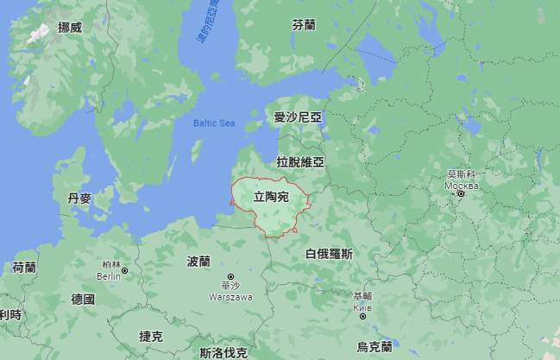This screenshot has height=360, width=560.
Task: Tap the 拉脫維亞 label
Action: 299,161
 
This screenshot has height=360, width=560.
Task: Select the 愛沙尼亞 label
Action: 298,117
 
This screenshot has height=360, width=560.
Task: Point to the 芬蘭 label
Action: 304,25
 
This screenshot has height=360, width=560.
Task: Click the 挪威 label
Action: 70,28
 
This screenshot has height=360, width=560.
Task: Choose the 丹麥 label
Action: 79,199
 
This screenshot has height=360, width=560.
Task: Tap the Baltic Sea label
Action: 214,123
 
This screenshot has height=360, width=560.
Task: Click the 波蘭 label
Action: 198,261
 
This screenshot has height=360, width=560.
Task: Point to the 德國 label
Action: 83,300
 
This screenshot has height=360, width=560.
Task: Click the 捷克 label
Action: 150,336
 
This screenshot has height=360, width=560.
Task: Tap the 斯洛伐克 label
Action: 223,352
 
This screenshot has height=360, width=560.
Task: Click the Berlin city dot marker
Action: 125,270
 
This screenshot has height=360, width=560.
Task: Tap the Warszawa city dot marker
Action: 230,276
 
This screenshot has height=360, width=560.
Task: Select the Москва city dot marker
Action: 462,193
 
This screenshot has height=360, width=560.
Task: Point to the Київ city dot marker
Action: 362,315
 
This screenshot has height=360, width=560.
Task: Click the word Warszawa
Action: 230,297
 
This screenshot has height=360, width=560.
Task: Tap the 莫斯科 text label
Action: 461,174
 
